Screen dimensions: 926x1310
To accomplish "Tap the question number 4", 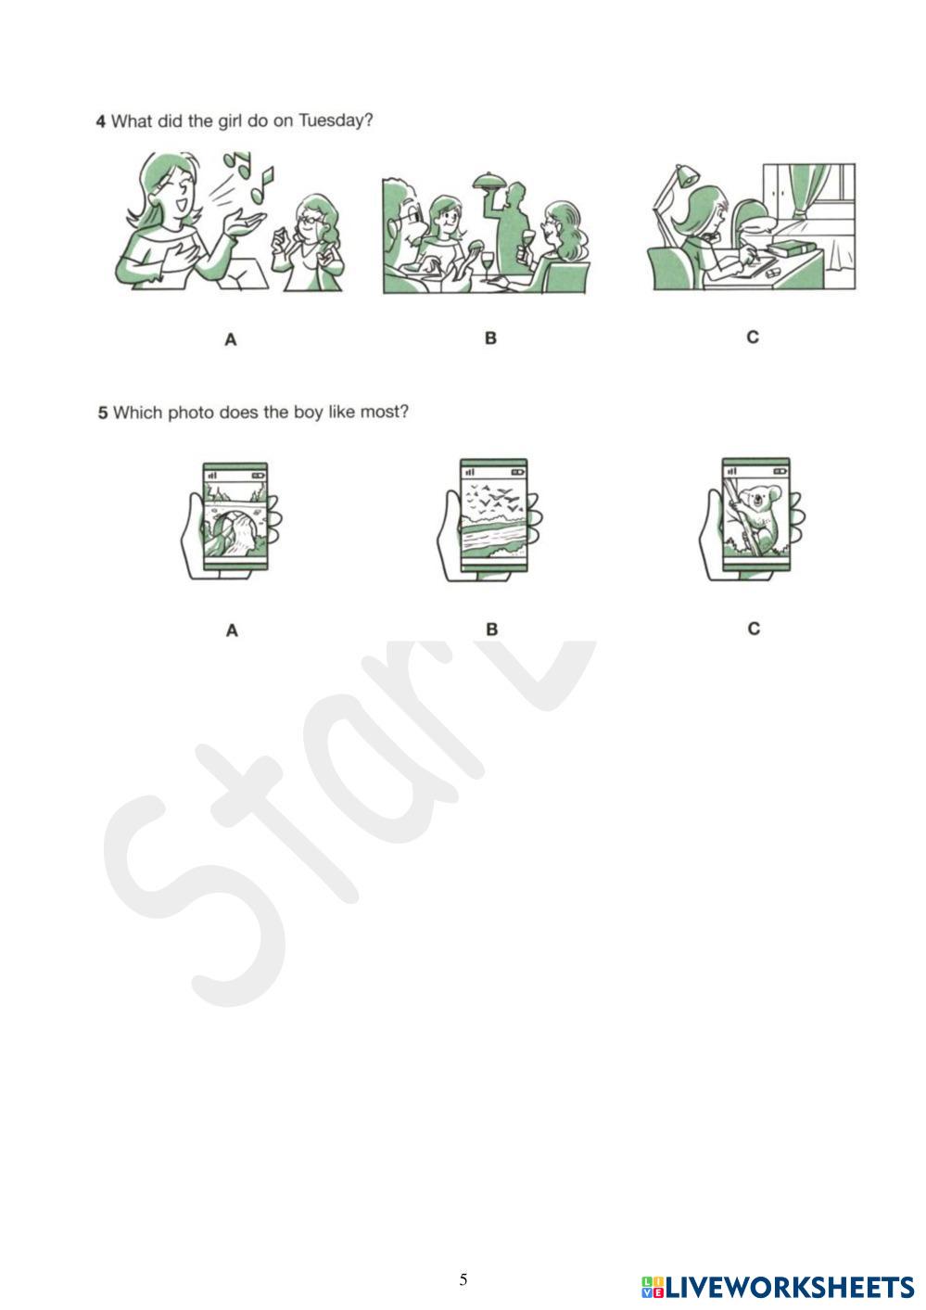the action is [100, 121].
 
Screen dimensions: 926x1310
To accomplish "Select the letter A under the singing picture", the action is [231, 339].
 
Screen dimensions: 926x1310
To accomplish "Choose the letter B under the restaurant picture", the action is [490, 338].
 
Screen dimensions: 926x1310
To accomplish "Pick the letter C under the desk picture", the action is [753, 337].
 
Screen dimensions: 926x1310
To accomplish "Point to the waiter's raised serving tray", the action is [489, 180].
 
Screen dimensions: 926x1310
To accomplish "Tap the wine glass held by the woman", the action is [528, 241].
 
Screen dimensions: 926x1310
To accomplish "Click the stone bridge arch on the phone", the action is [234, 515].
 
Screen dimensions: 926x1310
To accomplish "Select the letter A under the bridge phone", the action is [232, 630].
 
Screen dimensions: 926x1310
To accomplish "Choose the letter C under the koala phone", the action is [754, 629].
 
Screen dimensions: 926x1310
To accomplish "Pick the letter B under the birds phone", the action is [491, 630].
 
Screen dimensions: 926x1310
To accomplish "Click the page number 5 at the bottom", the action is [463, 1279].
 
